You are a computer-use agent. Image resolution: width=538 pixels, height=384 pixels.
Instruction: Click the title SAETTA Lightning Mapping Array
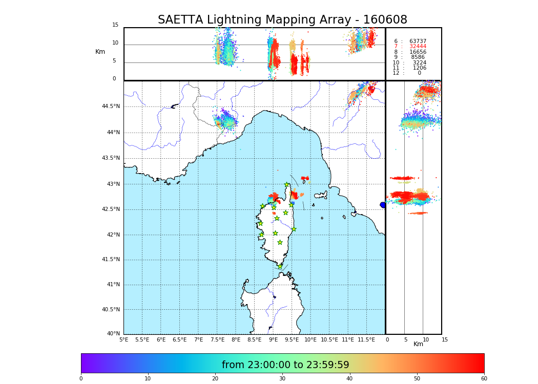[x=282, y=20]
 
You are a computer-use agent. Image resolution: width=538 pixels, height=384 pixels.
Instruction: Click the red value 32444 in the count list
[x=418, y=47]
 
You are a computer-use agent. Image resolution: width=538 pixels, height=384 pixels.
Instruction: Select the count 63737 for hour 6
[x=418, y=41]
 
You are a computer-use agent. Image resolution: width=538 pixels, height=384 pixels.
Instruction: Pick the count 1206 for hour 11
[x=419, y=68]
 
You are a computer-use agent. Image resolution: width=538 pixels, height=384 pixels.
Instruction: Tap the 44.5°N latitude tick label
[x=111, y=106]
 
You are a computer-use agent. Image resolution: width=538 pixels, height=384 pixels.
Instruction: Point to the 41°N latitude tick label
[x=113, y=285]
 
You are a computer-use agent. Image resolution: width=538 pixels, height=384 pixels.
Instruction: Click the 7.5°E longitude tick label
[x=217, y=339]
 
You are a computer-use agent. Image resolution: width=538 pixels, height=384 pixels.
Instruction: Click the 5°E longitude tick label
[x=124, y=339]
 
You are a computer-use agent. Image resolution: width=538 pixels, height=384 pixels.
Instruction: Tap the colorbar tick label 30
[x=282, y=379]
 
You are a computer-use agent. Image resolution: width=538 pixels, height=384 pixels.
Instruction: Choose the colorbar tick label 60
[x=484, y=379]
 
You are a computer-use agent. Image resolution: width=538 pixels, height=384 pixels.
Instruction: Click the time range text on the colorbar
[x=285, y=365]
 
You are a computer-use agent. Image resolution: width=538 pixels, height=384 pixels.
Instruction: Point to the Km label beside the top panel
[x=100, y=52]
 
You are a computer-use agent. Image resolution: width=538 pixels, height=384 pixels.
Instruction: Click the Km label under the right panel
[x=419, y=344]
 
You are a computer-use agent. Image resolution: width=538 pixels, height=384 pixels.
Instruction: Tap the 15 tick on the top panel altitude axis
[x=115, y=25]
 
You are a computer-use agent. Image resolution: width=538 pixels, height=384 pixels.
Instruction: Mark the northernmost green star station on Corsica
[x=286, y=185]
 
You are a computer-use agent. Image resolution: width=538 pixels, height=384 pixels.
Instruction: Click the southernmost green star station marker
[x=280, y=267]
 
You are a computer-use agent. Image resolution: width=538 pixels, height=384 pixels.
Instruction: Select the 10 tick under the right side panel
[x=426, y=339]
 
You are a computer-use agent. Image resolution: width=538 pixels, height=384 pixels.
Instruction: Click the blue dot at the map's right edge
[x=383, y=205]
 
